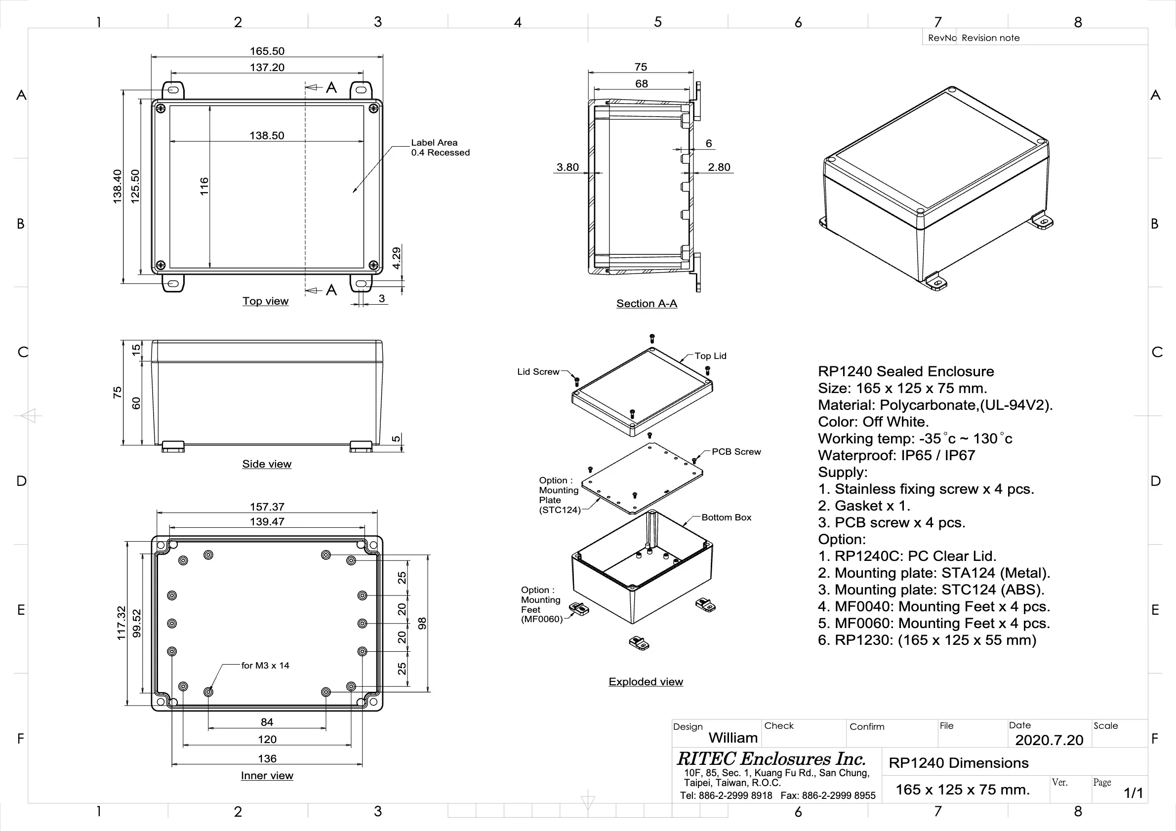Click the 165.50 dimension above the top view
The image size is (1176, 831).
(x=267, y=51)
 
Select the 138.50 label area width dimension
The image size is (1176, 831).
(x=267, y=136)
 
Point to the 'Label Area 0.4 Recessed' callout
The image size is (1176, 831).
(x=440, y=148)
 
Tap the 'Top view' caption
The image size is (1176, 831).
(x=265, y=301)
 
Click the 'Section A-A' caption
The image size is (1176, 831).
(x=647, y=304)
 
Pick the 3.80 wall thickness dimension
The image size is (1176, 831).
(x=568, y=167)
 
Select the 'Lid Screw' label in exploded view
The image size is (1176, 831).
(x=538, y=372)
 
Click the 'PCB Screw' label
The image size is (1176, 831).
(x=736, y=452)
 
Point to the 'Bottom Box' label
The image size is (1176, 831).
(x=726, y=517)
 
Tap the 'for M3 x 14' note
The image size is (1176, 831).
(x=265, y=666)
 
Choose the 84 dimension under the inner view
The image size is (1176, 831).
(x=267, y=722)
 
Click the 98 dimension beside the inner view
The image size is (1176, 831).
(x=422, y=623)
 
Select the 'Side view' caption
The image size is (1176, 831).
(x=267, y=464)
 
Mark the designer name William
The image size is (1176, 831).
(x=733, y=738)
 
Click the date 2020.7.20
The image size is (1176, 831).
(x=1049, y=740)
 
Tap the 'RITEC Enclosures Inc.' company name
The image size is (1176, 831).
(x=771, y=758)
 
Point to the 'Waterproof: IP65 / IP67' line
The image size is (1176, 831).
(x=896, y=455)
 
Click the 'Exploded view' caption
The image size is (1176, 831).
(x=646, y=682)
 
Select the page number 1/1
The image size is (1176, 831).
(x=1133, y=793)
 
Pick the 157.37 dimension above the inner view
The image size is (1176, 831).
(x=267, y=507)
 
